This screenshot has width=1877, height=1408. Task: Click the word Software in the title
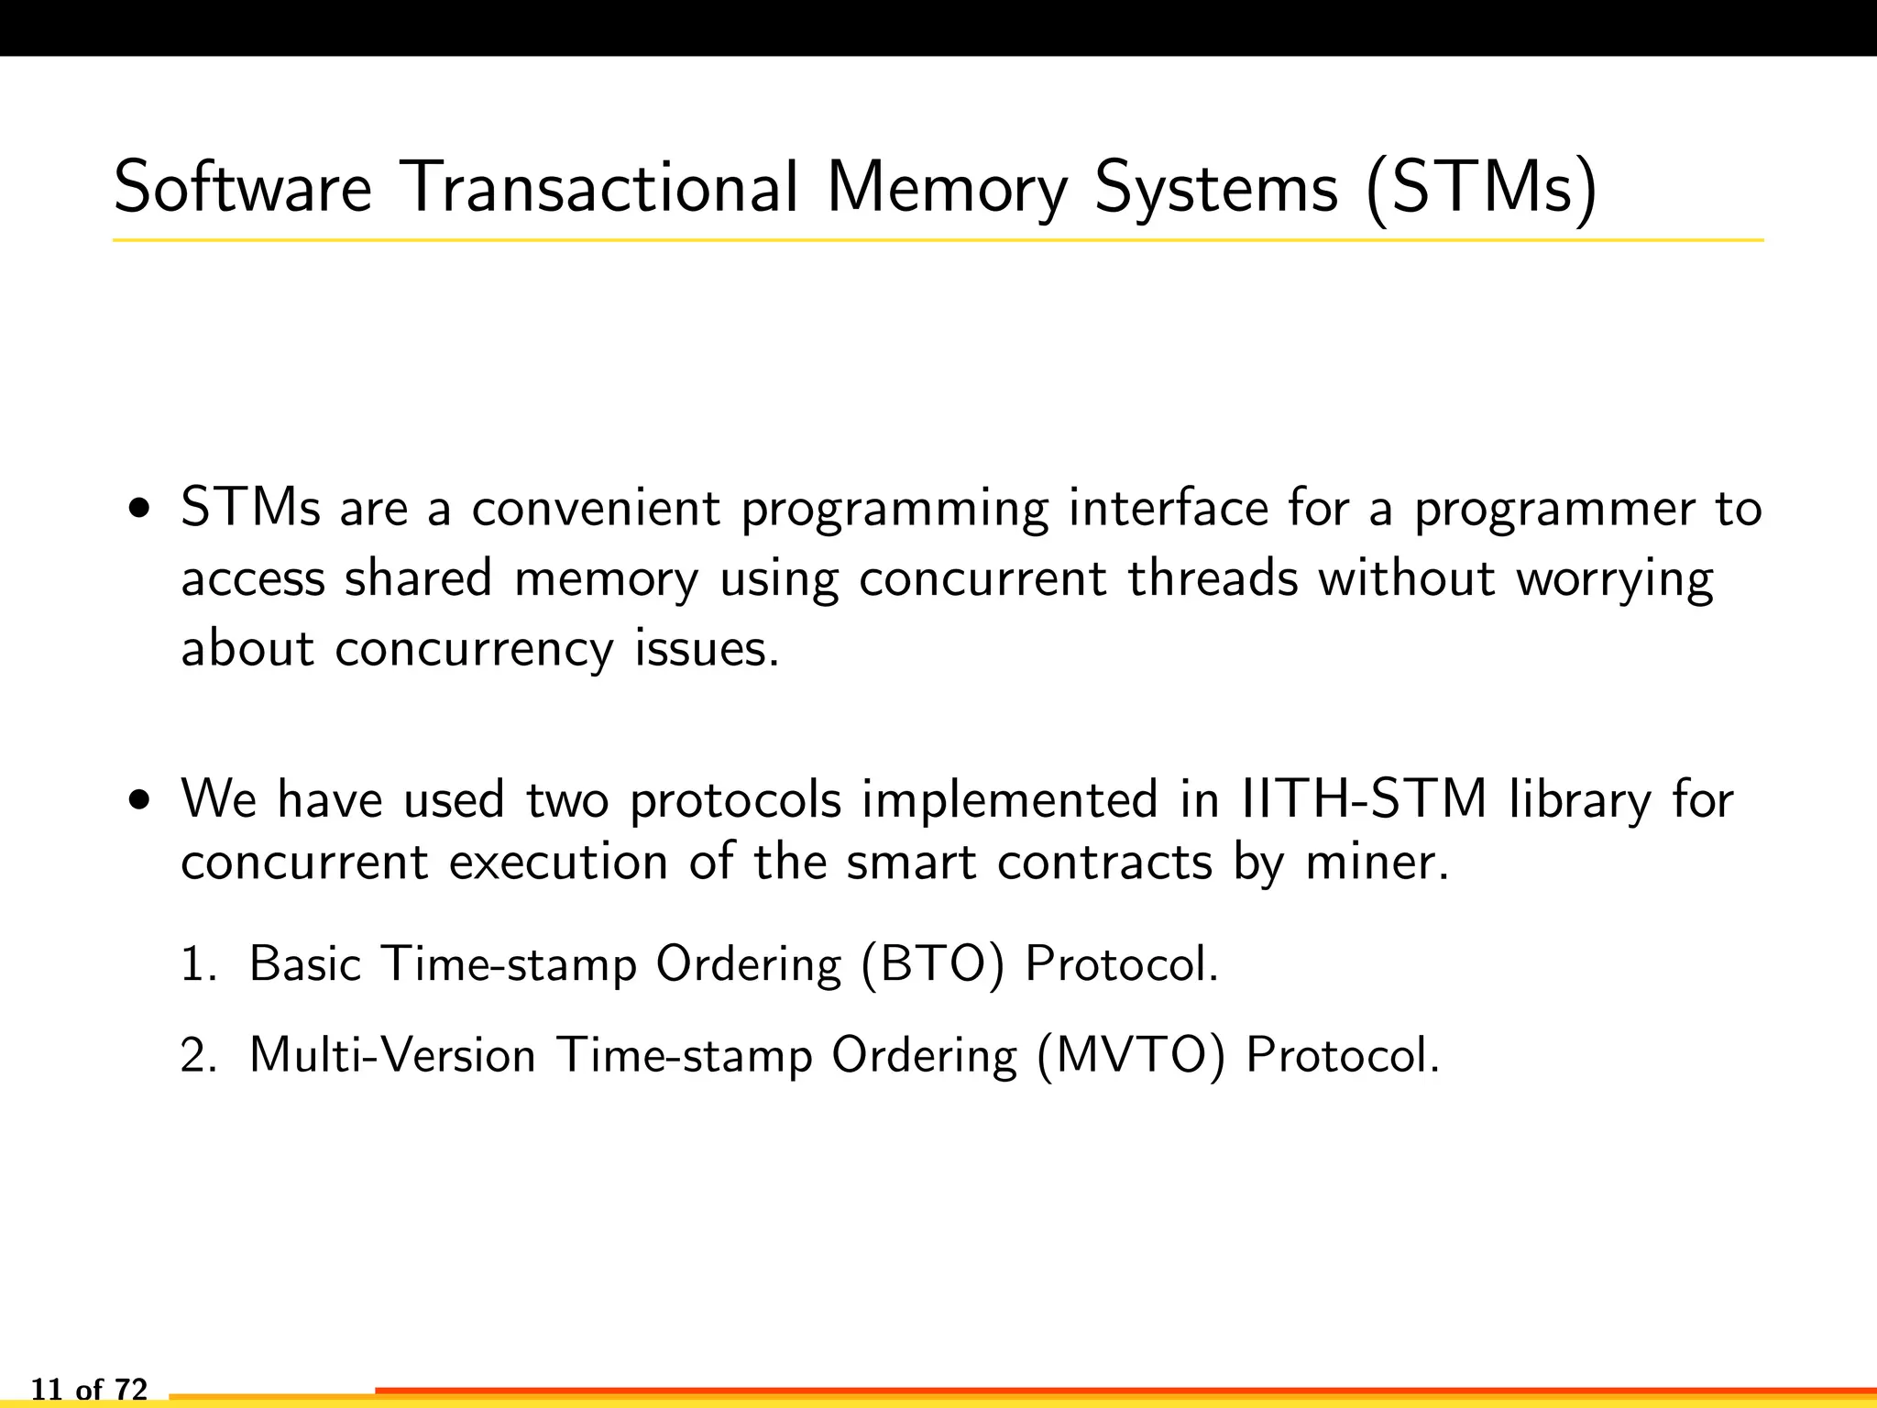pyautogui.click(x=243, y=188)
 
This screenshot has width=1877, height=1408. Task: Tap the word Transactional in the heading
pyautogui.click(x=600, y=188)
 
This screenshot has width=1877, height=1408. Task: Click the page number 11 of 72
pyautogui.click(x=89, y=1390)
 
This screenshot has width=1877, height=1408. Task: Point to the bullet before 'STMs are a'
pyautogui.click(x=139, y=509)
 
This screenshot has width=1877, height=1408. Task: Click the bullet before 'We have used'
pyautogui.click(x=139, y=800)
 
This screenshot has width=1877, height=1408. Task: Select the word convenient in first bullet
pyautogui.click(x=596, y=509)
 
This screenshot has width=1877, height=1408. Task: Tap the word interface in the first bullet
pyautogui.click(x=1168, y=509)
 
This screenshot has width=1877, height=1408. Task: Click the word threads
pyautogui.click(x=1213, y=578)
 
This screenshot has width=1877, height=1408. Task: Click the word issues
pyautogui.click(x=707, y=649)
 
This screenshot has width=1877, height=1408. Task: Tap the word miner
pyautogui.click(x=1378, y=863)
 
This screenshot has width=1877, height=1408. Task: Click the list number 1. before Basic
pyautogui.click(x=198, y=964)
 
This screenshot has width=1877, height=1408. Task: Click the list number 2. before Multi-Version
pyautogui.click(x=198, y=1056)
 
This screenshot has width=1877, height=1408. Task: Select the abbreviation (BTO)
pyautogui.click(x=933, y=965)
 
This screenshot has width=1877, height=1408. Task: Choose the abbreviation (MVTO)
pyautogui.click(x=1131, y=1057)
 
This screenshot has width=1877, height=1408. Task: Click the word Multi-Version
pyautogui.click(x=392, y=1055)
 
